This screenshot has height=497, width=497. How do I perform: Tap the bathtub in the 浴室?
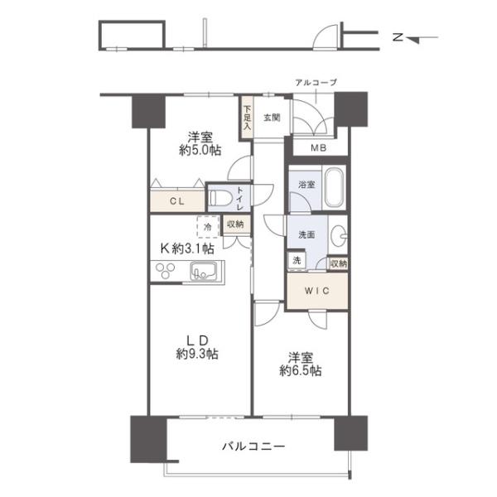334,187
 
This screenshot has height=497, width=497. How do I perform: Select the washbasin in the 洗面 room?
338,235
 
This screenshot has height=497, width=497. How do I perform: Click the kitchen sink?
203,272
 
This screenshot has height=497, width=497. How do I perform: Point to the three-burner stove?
165,271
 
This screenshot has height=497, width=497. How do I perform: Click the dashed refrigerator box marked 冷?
208,227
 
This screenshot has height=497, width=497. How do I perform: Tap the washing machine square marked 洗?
297,260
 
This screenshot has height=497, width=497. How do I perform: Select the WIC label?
317,291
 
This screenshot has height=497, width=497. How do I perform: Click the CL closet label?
177,201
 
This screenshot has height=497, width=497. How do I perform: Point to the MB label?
319,147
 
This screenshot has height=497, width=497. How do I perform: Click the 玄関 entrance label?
272,118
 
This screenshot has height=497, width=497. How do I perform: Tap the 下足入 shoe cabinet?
247,118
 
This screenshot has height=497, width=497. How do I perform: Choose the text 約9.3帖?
197,354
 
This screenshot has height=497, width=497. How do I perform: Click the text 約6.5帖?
301,370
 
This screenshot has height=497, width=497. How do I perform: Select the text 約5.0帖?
200,150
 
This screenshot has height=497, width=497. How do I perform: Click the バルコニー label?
253,446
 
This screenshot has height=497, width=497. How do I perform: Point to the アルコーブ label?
316,83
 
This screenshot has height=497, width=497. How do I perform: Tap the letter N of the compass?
398,37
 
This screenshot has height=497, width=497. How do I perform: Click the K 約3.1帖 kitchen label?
187,248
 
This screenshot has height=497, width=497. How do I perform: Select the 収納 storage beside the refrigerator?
235,224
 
